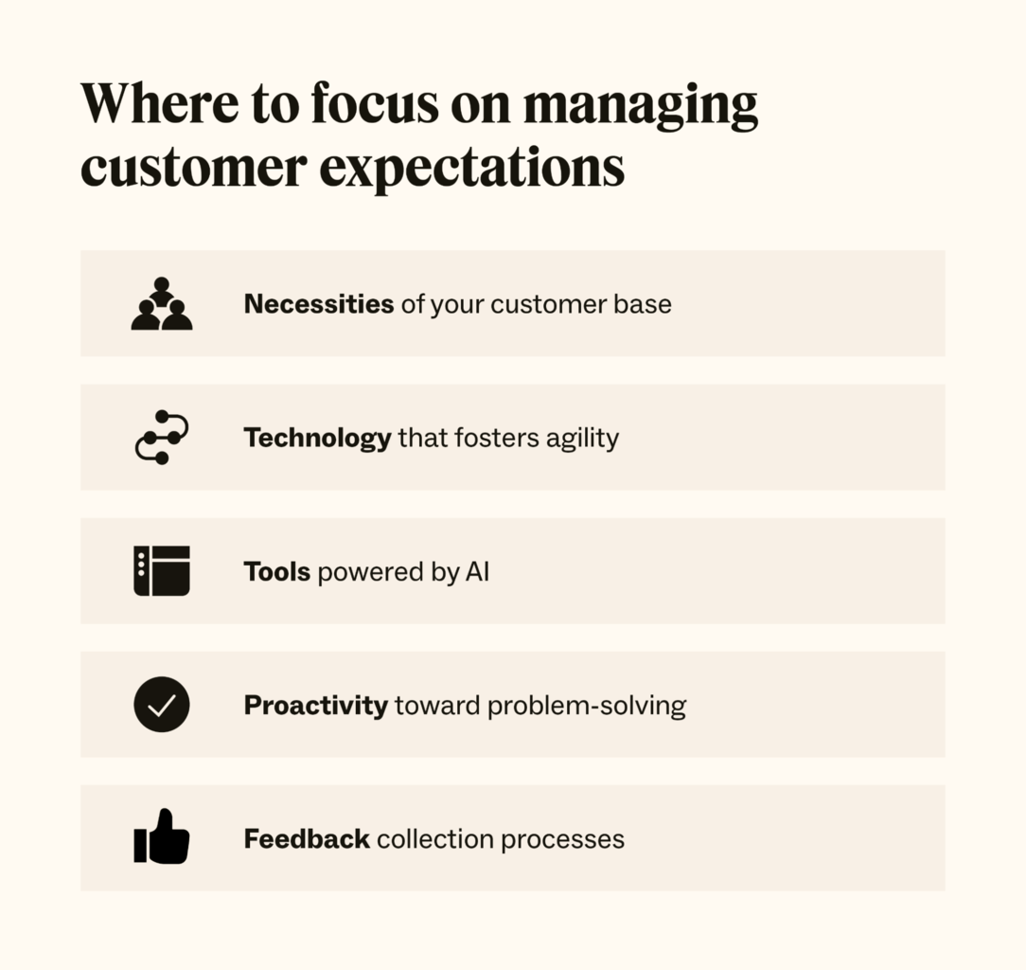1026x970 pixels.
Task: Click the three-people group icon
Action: point(162,304)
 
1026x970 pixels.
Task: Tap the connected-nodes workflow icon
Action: point(162,438)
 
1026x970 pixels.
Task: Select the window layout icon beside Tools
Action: point(162,571)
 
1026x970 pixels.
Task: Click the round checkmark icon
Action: point(162,705)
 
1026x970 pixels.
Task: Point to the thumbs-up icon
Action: point(162,837)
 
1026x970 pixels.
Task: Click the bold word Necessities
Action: point(319,304)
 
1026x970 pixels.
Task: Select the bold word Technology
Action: point(317,438)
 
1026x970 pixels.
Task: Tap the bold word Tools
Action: point(277,571)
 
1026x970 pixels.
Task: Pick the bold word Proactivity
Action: point(316,706)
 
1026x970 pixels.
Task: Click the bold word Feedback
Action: point(307,839)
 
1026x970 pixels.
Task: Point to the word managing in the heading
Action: point(641,106)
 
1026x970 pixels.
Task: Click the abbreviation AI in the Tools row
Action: point(477,571)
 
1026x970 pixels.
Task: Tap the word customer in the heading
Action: point(193,168)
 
